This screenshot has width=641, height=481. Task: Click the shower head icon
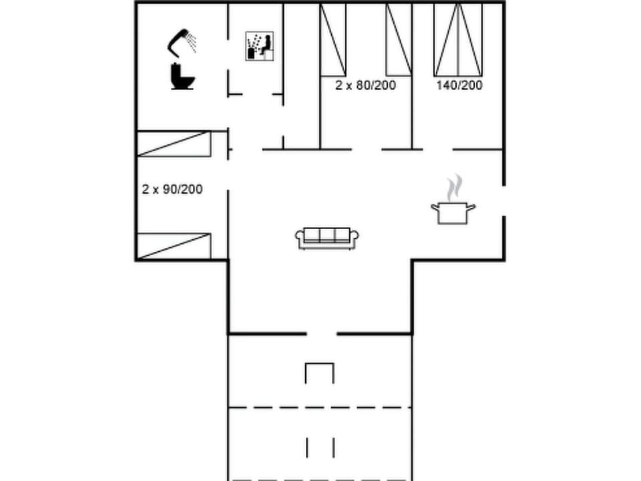click(180, 40)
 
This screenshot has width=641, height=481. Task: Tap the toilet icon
click(182, 76)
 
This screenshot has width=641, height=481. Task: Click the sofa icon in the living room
click(327, 238)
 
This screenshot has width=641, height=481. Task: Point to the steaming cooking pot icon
click(453, 208)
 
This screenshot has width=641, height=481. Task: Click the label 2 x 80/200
click(365, 86)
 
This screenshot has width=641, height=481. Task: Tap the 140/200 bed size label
click(459, 86)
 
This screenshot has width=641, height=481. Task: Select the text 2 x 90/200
click(172, 190)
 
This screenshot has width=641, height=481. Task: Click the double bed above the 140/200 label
click(458, 40)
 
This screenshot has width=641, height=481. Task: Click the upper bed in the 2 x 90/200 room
click(174, 144)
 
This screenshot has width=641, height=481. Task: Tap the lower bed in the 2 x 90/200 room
click(174, 246)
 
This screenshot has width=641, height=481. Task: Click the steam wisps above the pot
click(454, 187)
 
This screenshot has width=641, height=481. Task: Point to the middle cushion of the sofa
click(327, 234)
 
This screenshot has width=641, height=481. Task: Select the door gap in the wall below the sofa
click(321, 333)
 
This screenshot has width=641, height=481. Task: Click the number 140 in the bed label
click(445, 86)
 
